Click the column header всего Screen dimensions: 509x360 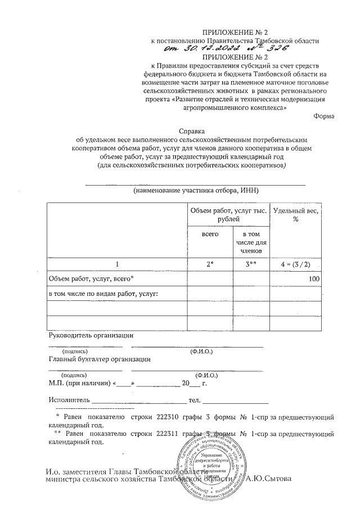click(x=210, y=233)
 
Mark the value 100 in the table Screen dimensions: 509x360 click(x=314, y=279)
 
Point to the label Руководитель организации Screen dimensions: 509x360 click(x=91, y=335)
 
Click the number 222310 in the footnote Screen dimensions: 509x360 click(x=167, y=418)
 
